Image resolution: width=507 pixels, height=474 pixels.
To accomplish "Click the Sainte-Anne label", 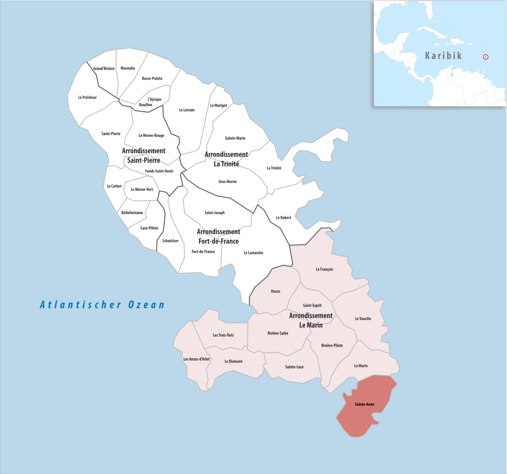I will (x=364, y=404).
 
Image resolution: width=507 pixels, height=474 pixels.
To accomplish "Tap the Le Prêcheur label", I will (x=87, y=97).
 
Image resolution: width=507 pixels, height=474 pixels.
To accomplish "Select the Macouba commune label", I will (x=127, y=68).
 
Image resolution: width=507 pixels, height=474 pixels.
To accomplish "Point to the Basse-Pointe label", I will (x=152, y=78).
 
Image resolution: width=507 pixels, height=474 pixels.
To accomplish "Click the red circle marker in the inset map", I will (x=485, y=57).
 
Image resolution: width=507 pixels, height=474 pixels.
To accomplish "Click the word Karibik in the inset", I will (x=443, y=56).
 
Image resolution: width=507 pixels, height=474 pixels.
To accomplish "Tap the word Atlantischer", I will (x=81, y=305).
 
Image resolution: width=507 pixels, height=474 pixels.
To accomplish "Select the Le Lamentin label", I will (x=253, y=253).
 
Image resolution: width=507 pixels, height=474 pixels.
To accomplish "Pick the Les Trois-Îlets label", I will (x=223, y=335).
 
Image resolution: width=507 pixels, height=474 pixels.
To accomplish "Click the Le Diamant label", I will (x=233, y=361).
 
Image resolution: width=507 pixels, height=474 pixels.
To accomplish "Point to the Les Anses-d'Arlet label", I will (x=196, y=359).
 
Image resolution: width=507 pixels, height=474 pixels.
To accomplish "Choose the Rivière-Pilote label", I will (x=332, y=345).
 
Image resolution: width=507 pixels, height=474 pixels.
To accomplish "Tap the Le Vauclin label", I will (x=363, y=318).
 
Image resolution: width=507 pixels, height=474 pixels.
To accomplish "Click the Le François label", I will (x=324, y=269).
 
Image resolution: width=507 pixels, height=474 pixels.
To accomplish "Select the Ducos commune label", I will (x=276, y=291).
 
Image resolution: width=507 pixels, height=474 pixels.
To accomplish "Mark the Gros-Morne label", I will (x=228, y=181).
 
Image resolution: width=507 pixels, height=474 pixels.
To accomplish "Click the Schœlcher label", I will (x=170, y=241).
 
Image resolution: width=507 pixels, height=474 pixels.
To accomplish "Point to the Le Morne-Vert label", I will (x=142, y=189).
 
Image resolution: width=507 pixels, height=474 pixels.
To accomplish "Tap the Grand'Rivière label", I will (x=104, y=68).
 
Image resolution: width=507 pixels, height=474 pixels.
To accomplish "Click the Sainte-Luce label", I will (x=294, y=367).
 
